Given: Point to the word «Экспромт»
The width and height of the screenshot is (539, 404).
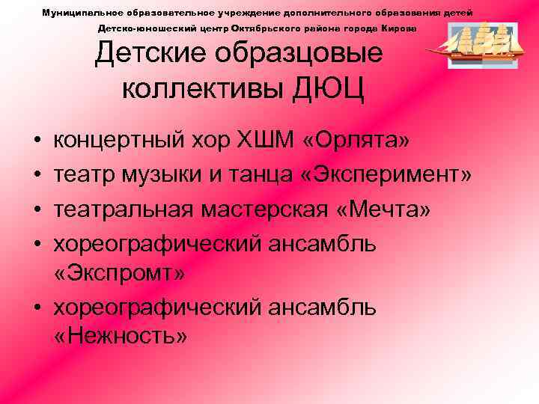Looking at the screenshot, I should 120,275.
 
